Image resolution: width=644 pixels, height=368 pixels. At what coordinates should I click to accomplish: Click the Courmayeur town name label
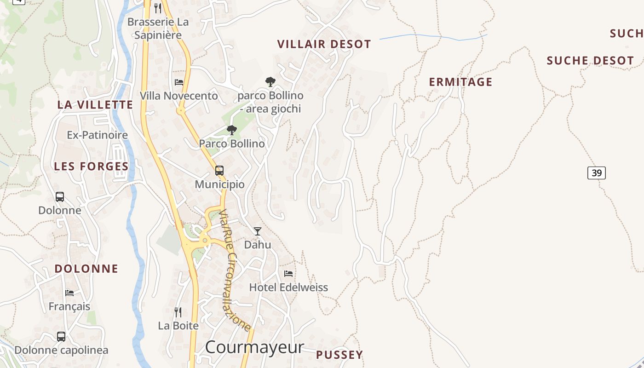tap(254, 347)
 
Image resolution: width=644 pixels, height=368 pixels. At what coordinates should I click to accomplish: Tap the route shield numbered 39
tap(596, 173)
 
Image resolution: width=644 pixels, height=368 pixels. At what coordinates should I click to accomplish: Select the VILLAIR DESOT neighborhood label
tap(324, 44)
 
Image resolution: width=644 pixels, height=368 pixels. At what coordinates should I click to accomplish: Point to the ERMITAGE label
tap(460, 82)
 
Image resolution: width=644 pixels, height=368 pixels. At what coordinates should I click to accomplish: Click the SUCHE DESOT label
tap(590, 60)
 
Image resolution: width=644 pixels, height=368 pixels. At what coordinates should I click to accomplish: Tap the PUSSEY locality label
tap(339, 355)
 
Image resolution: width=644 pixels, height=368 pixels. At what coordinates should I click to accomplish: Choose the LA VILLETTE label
tap(95, 104)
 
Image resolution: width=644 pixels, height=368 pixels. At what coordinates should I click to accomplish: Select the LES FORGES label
tap(91, 166)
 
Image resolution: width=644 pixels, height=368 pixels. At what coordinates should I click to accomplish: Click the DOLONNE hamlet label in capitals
tap(86, 268)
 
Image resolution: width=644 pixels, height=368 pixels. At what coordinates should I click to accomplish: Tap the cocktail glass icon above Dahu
tap(258, 231)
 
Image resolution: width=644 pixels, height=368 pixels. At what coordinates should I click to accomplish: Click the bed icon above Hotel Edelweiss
tap(288, 273)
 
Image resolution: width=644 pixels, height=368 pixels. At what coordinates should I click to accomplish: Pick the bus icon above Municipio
tap(219, 171)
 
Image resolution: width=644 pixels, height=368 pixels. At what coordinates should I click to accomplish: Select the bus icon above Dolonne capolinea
tap(61, 336)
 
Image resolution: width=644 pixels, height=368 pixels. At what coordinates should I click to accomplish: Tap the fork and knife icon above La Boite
tap(178, 312)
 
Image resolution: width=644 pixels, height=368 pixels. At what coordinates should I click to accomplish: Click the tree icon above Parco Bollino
tap(232, 130)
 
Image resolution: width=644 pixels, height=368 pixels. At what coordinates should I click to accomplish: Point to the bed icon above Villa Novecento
tap(179, 82)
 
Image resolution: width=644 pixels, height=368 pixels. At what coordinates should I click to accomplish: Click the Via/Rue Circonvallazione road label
tap(235, 270)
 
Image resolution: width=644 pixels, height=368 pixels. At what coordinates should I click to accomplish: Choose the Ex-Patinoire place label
tap(97, 135)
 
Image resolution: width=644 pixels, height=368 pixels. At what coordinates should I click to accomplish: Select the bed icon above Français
tap(69, 293)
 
